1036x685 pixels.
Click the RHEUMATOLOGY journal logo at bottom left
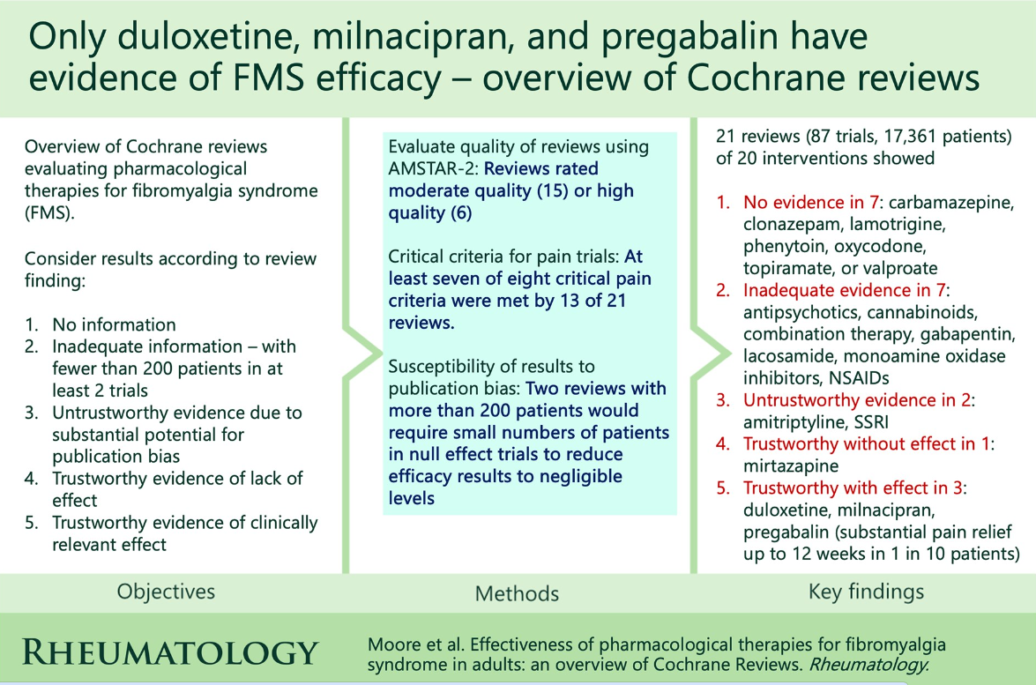[170, 652]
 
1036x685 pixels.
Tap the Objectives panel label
[166, 592]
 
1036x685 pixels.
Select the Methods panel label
[517, 593]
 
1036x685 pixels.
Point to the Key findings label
[866, 592]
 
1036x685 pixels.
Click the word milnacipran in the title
[413, 37]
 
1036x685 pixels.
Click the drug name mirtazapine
[791, 465]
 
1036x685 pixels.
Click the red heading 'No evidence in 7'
[810, 202]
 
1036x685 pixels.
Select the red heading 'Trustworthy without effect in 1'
[867, 444]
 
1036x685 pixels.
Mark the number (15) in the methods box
[552, 191]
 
